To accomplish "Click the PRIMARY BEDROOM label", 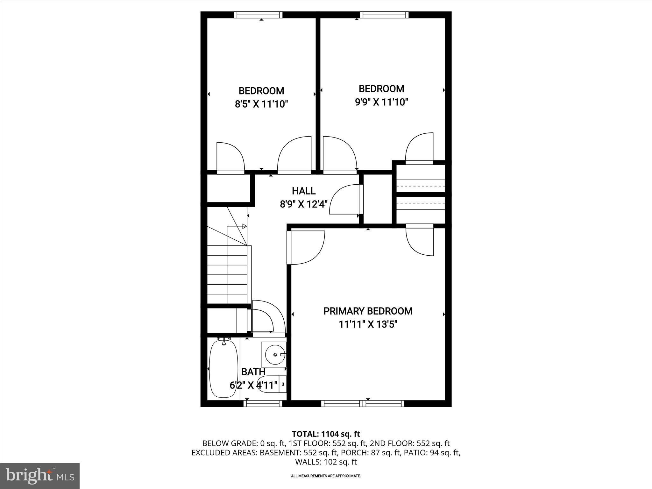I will pyautogui.click(x=368, y=311).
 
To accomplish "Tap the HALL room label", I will pyautogui.click(x=304, y=191).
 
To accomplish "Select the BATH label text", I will pyautogui.click(x=253, y=372).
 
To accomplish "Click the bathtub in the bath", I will pyautogui.click(x=223, y=369).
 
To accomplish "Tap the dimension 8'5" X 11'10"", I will pyautogui.click(x=261, y=104).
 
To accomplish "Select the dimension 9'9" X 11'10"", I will pyautogui.click(x=381, y=102).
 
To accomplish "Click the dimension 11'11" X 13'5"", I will pyautogui.click(x=368, y=324).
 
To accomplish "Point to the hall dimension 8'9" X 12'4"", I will pyautogui.click(x=304, y=204).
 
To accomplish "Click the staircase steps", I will pyautogui.click(x=227, y=274).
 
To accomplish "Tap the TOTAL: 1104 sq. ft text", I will pyautogui.click(x=326, y=434).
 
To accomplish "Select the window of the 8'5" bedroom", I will pyautogui.click(x=258, y=15).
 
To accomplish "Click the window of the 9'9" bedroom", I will pyautogui.click(x=384, y=15).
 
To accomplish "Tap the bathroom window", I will pyautogui.click(x=263, y=404).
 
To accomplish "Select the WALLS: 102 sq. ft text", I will pyautogui.click(x=326, y=462).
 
